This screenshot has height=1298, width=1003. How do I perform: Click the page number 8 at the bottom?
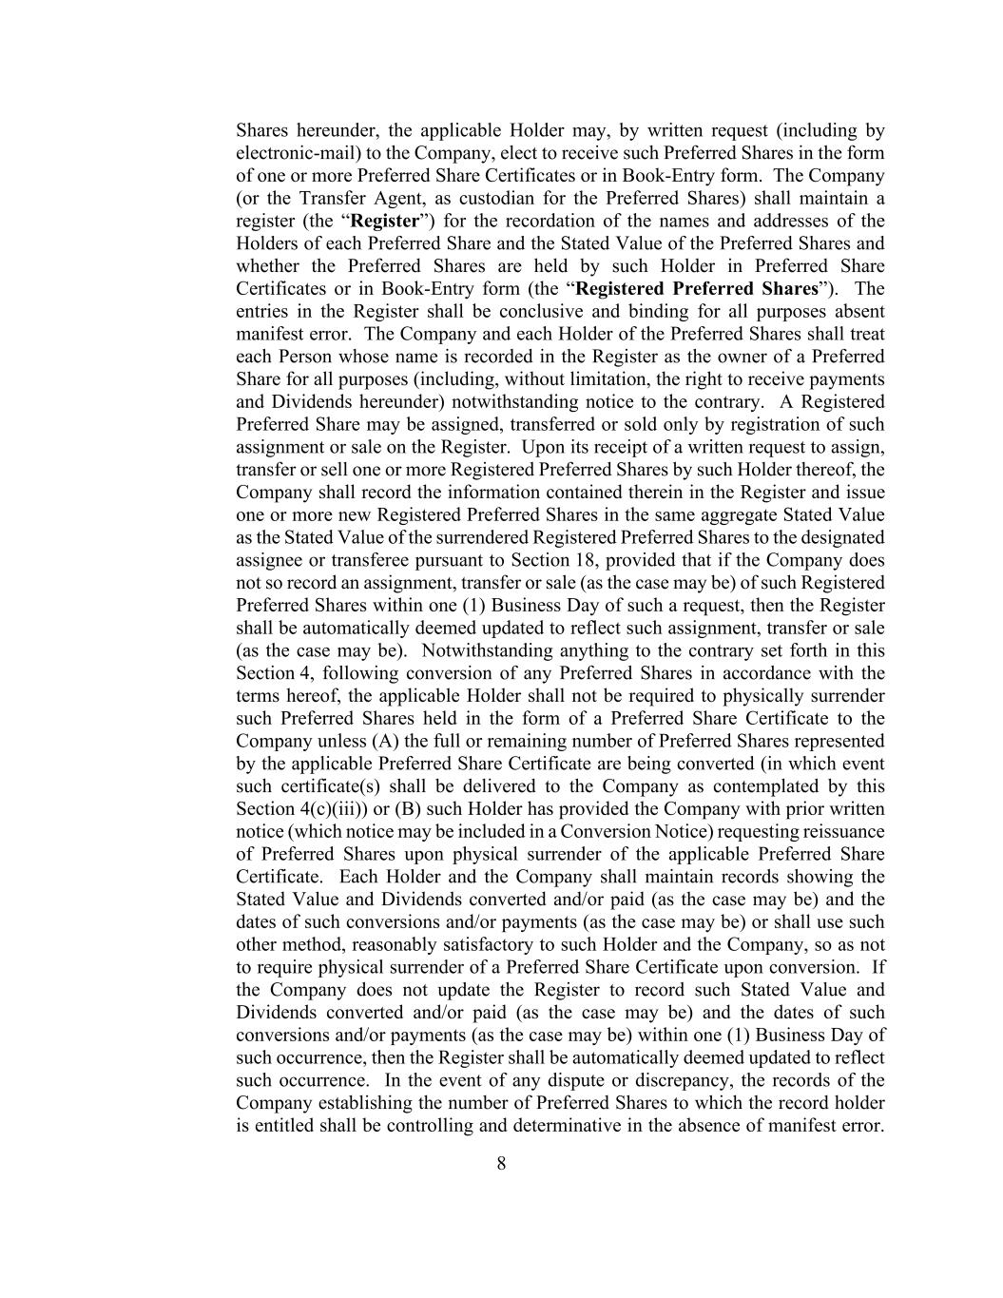501,1163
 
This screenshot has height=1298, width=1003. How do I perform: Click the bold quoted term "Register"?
385,222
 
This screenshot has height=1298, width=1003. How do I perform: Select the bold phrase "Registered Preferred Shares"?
696,289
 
